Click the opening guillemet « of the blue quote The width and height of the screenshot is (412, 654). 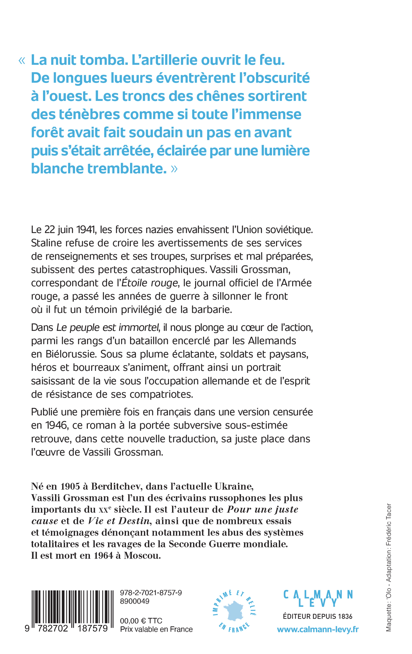click(22, 61)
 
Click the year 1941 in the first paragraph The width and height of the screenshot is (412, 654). click(86, 230)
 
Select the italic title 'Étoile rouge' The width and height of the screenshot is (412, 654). click(150, 283)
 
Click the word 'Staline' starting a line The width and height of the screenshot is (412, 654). click(46, 243)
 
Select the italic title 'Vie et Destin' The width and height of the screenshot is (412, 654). click(119, 521)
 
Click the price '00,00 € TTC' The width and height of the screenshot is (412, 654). click(141, 621)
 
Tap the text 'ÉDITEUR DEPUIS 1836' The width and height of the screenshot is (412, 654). click(318, 616)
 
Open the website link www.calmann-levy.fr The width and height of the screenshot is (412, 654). click(318, 630)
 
